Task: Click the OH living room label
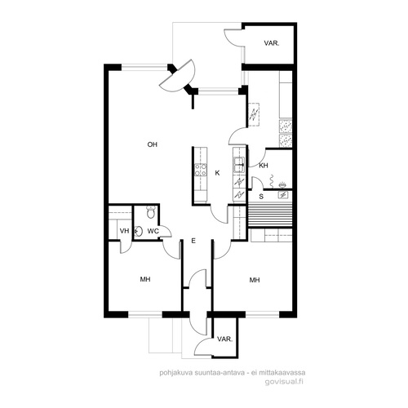pos(153,144)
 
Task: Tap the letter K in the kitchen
pos(217,173)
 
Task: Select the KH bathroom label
pos(264,166)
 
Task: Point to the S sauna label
pos(261,197)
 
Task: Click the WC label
pos(153,231)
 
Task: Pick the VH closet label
pos(124,231)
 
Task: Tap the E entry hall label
pos(193,241)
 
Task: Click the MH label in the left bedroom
pos(145,279)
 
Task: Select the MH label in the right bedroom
pos(255,280)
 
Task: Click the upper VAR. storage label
pos(272,43)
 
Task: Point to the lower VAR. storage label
pos(225,339)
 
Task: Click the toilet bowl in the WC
pos(150,212)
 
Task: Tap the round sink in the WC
pos(139,231)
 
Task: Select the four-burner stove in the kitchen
pos(201,170)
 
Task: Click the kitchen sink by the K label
pos(239,165)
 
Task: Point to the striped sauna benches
pos(270,215)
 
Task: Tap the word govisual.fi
pos(284,381)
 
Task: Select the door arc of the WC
pos(166,231)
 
